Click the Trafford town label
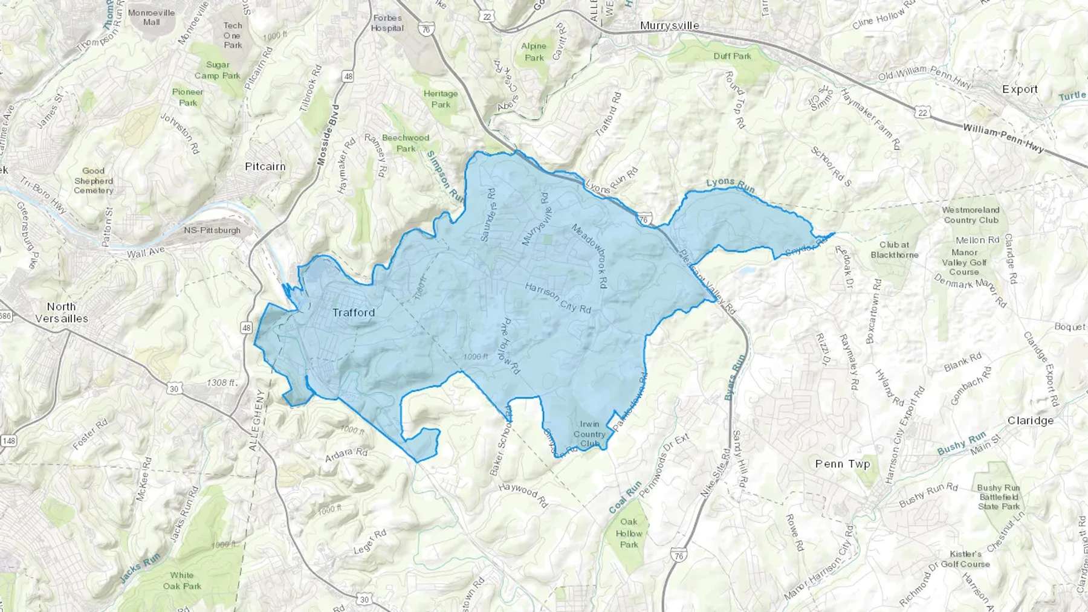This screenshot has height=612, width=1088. coord(354,312)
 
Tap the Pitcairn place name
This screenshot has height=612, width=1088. coord(265,166)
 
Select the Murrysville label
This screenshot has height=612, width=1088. coord(670,25)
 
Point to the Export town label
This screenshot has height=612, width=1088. coord(1020,89)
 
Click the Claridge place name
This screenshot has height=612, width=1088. coord(1030,420)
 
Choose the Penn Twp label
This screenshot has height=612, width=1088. coord(843,464)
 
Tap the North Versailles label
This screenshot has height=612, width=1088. coord(61,312)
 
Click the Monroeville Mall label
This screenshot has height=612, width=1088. coord(151,17)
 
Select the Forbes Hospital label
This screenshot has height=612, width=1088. coord(387,23)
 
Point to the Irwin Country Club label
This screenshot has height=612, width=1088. coord(589,434)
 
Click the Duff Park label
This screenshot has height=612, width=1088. coord(732,56)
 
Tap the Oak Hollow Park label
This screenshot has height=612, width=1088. coord(629,533)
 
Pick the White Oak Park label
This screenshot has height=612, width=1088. coord(182,581)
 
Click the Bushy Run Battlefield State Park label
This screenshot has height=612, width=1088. coord(998,497)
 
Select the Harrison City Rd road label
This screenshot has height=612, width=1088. coord(557,297)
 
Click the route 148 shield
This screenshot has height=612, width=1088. coord(8,441)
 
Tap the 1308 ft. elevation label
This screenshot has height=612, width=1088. coord(222,382)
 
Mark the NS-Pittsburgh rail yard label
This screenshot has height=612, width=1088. coord(212,230)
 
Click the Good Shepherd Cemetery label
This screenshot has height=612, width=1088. coord(94,181)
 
